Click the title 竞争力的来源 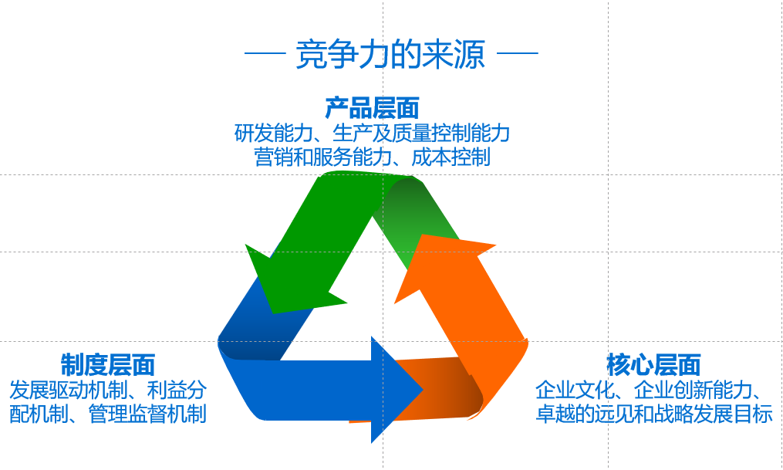[390, 54]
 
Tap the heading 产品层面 [372, 107]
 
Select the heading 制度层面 [108, 364]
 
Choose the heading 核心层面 [653, 364]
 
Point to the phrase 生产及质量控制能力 [421, 133]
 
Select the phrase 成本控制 [451, 157]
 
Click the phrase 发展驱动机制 [69, 390]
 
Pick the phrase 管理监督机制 [147, 414]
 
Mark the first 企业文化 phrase [574, 390]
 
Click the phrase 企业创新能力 [693, 390]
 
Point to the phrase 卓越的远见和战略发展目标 [653, 414]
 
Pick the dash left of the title [265, 52]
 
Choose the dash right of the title [518, 52]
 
